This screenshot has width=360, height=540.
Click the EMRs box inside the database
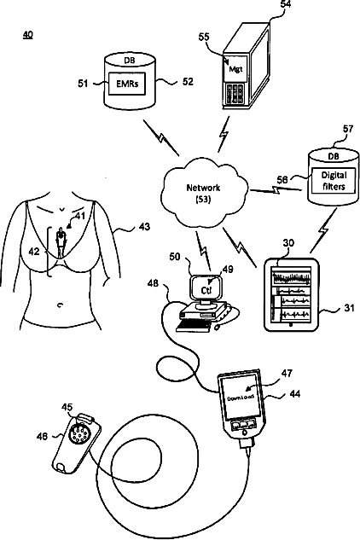127,84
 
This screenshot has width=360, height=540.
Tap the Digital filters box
334,181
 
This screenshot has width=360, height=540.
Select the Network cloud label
203,193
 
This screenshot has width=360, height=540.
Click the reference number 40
28,34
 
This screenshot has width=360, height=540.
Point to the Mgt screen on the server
235,68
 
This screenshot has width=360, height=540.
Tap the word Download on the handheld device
241,398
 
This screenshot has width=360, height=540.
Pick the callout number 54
286,4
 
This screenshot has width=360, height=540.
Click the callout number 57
348,129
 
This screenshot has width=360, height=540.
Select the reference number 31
349,308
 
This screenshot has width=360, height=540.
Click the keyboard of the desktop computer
194,324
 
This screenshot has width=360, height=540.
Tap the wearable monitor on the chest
61,241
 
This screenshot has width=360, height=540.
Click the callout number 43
144,227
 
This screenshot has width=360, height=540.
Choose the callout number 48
153,283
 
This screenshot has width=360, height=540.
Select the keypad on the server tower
235,94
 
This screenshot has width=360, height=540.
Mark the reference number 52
188,82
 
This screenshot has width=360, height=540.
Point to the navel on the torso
61,305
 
